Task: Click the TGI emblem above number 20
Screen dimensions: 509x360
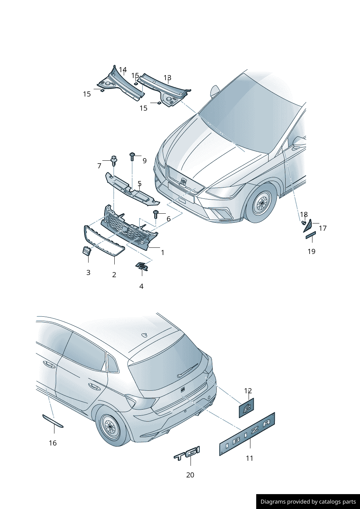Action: (x=187, y=453)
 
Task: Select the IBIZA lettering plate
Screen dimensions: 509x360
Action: (x=247, y=434)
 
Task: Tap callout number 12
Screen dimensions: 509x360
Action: (x=248, y=391)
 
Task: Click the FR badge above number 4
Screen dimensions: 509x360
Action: (x=142, y=267)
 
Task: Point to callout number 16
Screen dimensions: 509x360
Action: (x=53, y=443)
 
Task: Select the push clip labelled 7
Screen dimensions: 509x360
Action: (x=114, y=160)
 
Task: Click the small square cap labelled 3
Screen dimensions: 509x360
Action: (x=87, y=251)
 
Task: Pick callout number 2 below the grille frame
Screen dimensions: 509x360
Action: (x=114, y=275)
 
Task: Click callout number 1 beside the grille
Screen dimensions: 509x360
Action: (x=163, y=253)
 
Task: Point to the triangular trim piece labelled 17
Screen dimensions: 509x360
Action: (x=308, y=226)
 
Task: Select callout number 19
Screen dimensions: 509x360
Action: (x=311, y=251)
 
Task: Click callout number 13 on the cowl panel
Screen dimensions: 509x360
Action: (x=167, y=78)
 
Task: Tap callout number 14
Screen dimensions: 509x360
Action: (x=123, y=70)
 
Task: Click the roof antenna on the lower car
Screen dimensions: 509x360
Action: (x=144, y=334)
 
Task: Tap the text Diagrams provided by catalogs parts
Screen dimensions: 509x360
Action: (x=308, y=502)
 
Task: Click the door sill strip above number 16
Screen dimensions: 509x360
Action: (x=53, y=421)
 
